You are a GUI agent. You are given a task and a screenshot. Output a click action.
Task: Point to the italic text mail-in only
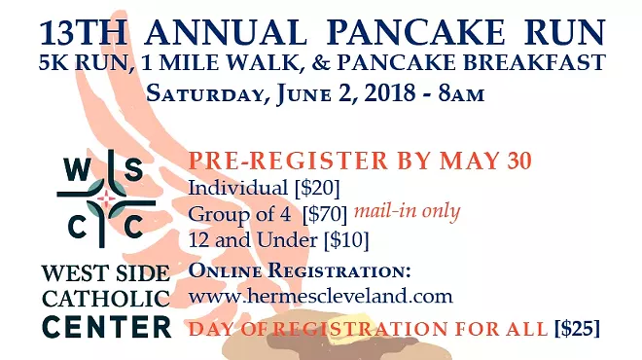[406, 209]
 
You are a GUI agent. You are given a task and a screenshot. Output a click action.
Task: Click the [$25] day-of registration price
[577, 329]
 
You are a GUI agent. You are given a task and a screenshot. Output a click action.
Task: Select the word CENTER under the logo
[107, 327]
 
